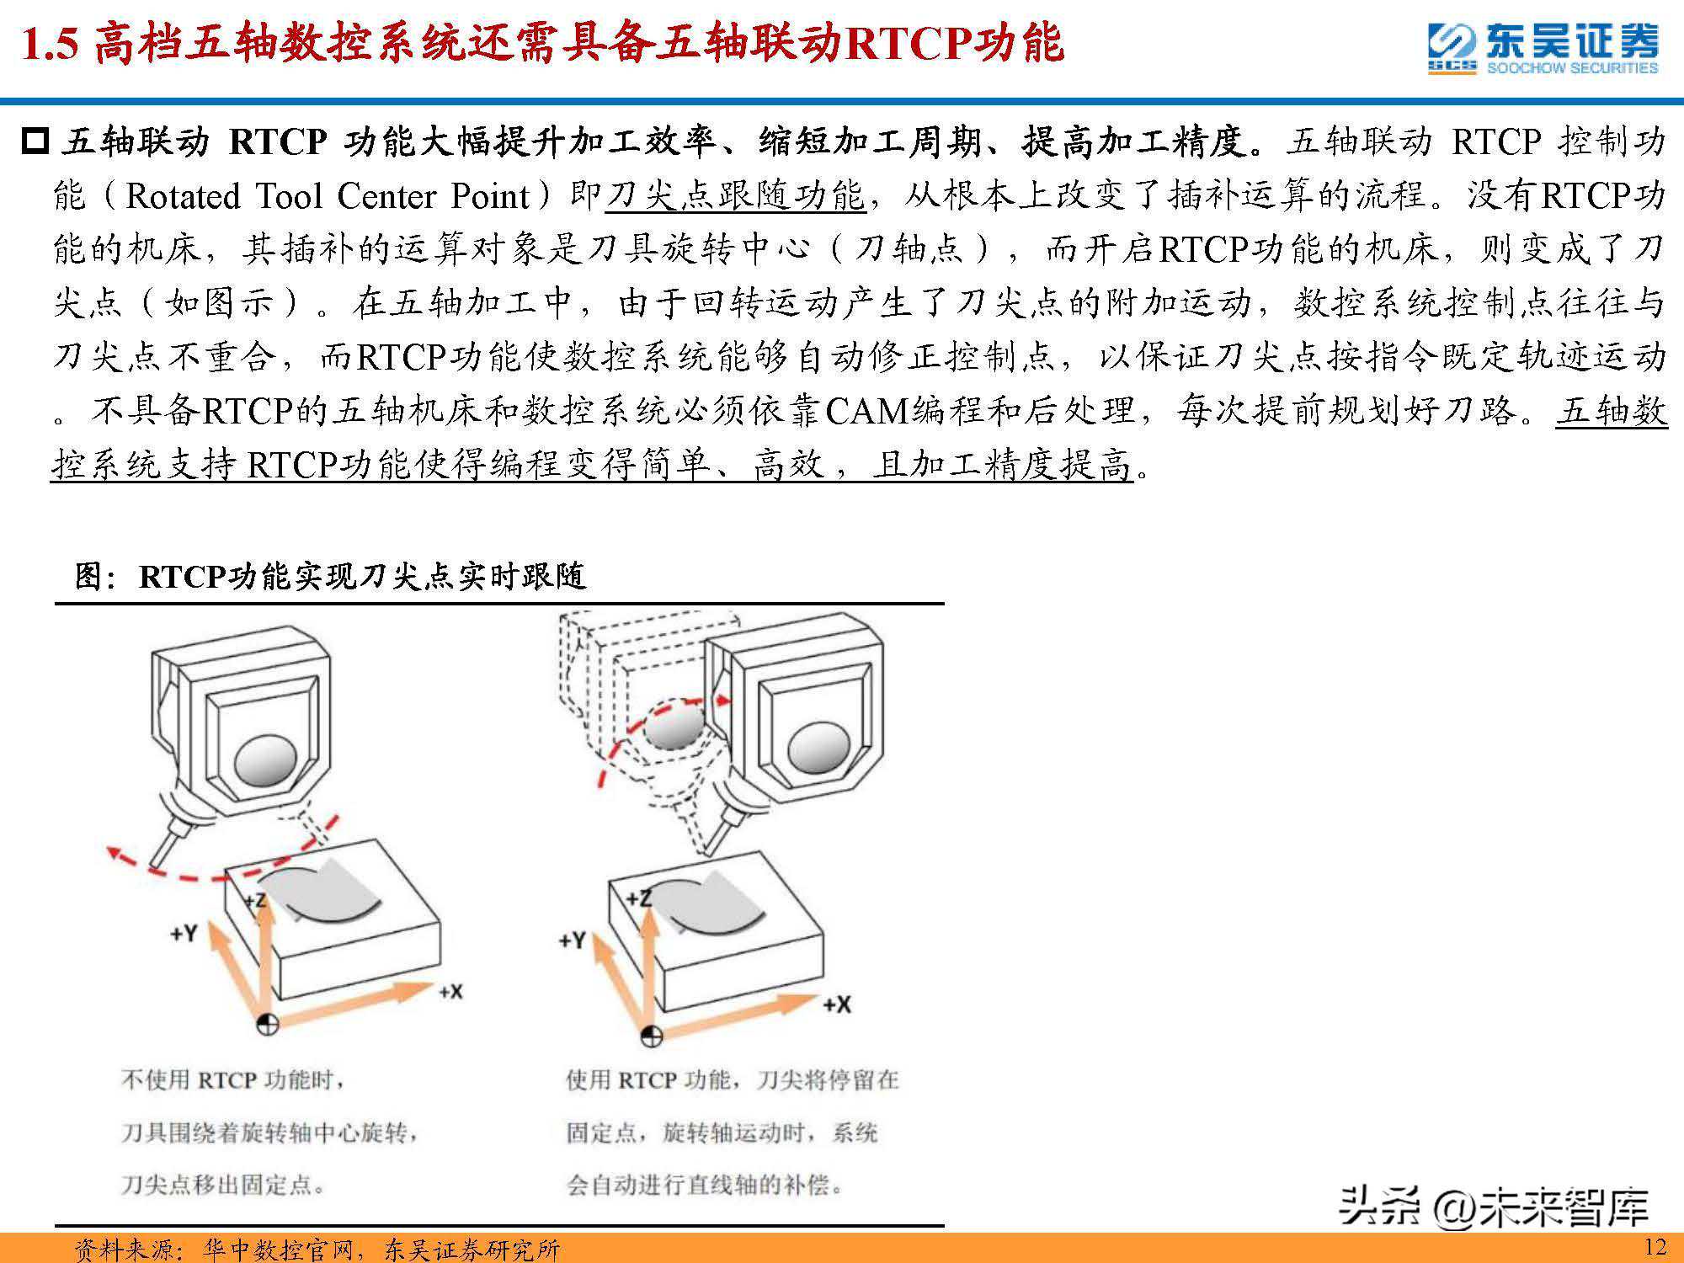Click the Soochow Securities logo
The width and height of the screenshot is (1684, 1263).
click(x=1543, y=48)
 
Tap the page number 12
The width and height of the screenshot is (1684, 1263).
click(x=1655, y=1246)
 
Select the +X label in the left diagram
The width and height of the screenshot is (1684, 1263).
click(x=450, y=991)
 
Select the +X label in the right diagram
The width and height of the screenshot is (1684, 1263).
click(x=836, y=1004)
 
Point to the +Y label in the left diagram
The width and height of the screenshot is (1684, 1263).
click(x=184, y=933)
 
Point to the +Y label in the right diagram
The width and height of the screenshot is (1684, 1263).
click(x=572, y=940)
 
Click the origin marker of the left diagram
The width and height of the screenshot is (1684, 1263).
click(x=268, y=1025)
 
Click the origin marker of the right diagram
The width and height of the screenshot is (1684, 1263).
click(x=653, y=1035)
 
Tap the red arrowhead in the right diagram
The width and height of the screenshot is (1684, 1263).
click(x=721, y=699)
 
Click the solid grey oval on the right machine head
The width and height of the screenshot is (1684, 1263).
click(x=816, y=748)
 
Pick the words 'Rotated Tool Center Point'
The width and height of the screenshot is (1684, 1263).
click(x=328, y=196)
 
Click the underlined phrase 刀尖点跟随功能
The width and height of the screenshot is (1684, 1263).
click(x=734, y=196)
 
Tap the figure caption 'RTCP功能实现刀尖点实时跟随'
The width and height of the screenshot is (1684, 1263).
click(x=362, y=576)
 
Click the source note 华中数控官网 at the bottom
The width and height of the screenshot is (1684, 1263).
click(x=277, y=1249)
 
